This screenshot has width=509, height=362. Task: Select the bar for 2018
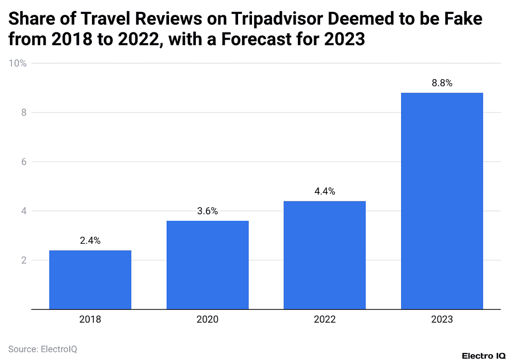[90, 279]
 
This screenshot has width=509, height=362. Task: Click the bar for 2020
[207, 265]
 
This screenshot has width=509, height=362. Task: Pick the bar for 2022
[325, 255]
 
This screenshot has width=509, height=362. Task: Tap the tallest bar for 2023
[442, 201]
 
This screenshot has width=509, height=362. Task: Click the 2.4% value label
[90, 241]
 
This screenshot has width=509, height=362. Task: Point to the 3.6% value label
[207, 211]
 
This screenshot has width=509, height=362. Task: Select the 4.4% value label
[325, 191]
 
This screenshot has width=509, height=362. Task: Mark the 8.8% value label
[442, 84]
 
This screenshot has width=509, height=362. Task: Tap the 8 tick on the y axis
[22, 113]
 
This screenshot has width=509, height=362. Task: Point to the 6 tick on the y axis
[22, 162]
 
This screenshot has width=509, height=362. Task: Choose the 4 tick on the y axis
[22, 211]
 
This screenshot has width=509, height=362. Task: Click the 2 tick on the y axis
[22, 260]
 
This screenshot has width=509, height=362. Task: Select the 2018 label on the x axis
[90, 320]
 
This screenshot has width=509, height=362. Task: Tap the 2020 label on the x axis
[207, 320]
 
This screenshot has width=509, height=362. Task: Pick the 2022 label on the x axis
[325, 320]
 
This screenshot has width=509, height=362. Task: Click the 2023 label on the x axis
[442, 320]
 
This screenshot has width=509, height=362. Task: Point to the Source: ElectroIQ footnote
[43, 349]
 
